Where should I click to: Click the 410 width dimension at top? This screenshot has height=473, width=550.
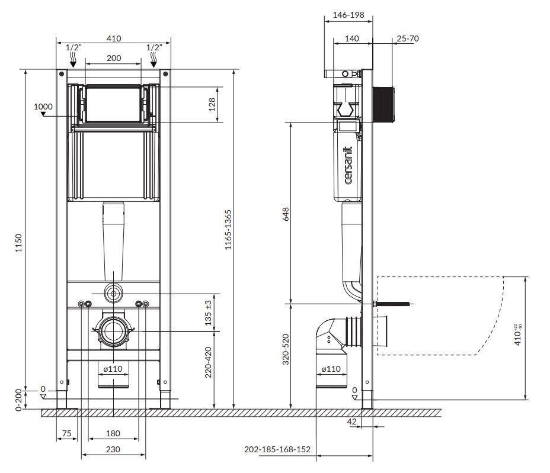[113, 38]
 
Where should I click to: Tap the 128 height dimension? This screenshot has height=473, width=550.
[212, 105]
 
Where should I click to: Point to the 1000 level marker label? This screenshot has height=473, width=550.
[43, 107]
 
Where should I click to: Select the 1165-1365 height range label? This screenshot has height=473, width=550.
[228, 238]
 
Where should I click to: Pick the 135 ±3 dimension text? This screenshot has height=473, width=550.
[208, 312]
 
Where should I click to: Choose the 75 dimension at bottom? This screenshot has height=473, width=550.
[67, 433]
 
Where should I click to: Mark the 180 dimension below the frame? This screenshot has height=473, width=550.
[113, 433]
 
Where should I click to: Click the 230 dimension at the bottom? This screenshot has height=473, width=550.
[113, 449]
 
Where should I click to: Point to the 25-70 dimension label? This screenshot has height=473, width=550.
[408, 38]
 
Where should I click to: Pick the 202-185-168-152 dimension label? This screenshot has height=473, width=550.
[277, 449]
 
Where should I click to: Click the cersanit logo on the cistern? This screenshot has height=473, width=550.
[348, 165]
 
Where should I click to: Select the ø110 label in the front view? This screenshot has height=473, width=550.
[113, 369]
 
